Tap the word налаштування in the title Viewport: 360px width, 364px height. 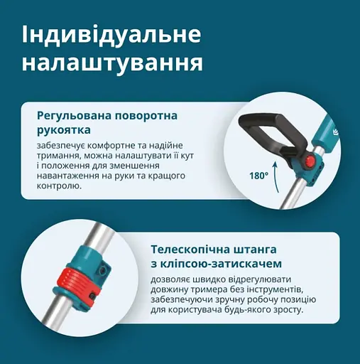tap(111, 63)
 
